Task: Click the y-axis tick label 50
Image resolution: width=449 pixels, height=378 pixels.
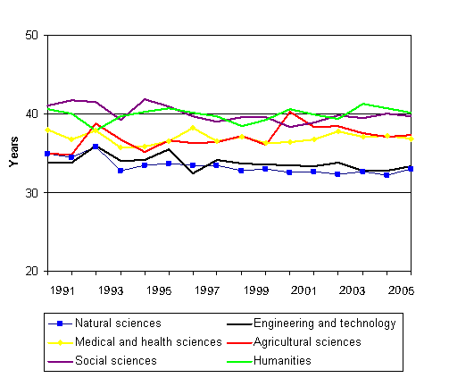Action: click(34, 36)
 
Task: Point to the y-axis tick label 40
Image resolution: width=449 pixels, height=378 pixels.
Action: click(34, 114)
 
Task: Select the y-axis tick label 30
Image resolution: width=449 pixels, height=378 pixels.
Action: click(34, 193)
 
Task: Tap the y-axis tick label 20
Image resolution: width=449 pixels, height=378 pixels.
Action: click(34, 272)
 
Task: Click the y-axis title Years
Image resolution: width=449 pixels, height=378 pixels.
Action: click(12, 153)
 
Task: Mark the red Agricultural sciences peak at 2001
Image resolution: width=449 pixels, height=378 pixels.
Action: click(290, 112)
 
